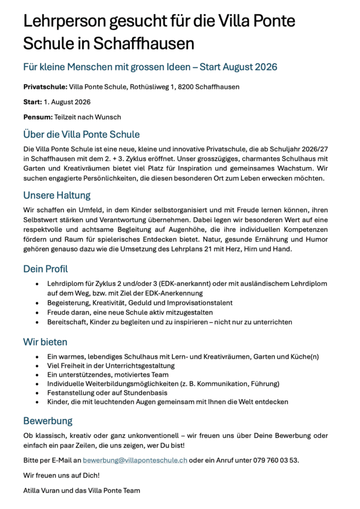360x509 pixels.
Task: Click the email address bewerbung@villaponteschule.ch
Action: [x=135, y=460]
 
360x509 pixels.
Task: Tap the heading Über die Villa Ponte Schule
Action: [x=81, y=134]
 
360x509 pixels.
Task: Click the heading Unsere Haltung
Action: [x=57, y=195]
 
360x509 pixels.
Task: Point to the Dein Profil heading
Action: [x=45, y=269]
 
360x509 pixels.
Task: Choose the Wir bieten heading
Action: [x=45, y=342]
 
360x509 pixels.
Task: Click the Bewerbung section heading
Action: [x=48, y=421]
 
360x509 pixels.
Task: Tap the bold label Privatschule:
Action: [x=45, y=87]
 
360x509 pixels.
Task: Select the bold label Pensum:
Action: [x=38, y=117]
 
